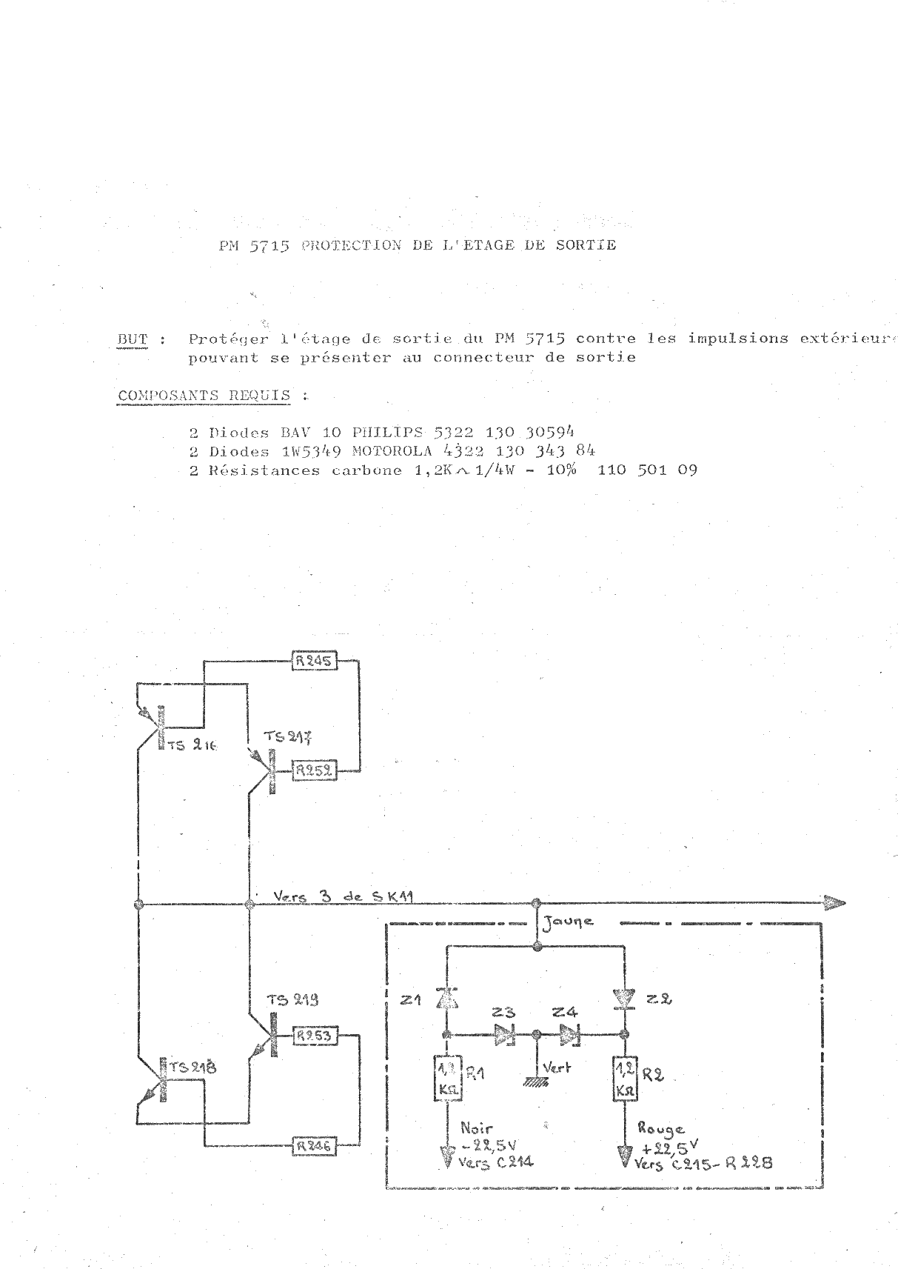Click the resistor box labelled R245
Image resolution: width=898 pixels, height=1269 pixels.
314,661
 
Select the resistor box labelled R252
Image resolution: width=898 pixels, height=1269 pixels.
314,771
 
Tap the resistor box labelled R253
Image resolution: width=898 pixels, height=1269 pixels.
314,1036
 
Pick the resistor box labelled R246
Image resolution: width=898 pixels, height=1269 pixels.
314,1146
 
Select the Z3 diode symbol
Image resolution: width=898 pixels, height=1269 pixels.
505,1034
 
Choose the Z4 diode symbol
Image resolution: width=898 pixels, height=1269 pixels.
569,1034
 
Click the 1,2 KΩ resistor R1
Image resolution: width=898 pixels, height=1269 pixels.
446,1078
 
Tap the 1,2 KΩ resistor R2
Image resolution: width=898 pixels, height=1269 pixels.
623,1078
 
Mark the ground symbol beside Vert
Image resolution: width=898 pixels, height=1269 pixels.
535,1081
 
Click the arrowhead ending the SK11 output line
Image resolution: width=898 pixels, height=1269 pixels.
834,903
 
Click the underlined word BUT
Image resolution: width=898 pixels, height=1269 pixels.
133,339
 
